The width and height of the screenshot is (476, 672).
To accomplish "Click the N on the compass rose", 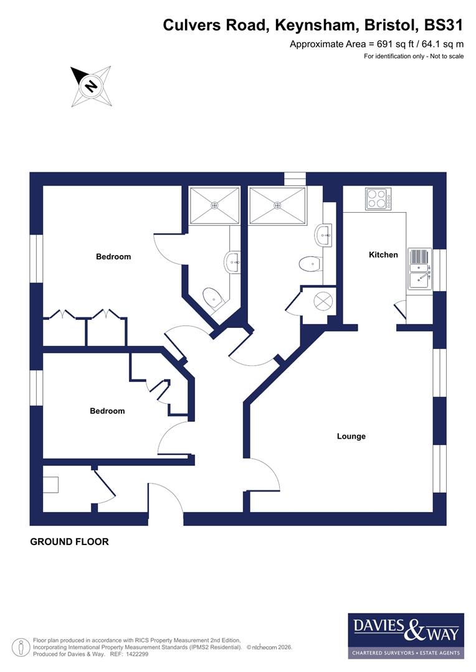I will (91, 85).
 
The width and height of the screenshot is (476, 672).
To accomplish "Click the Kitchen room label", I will (383, 254).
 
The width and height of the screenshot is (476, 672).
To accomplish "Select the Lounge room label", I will (351, 436).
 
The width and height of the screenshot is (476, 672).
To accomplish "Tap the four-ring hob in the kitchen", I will (376, 199).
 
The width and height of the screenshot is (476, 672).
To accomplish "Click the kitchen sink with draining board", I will (420, 271).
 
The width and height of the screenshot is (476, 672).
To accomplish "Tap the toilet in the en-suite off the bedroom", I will (213, 297).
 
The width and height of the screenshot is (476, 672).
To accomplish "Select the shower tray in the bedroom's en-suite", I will (214, 205).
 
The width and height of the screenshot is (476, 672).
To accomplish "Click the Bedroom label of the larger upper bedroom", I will (113, 256).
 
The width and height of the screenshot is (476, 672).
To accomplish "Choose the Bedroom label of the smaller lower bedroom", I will (107, 411).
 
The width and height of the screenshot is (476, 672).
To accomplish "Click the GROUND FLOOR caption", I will (70, 542).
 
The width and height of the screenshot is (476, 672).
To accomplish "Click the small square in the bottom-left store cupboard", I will (50, 485).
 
